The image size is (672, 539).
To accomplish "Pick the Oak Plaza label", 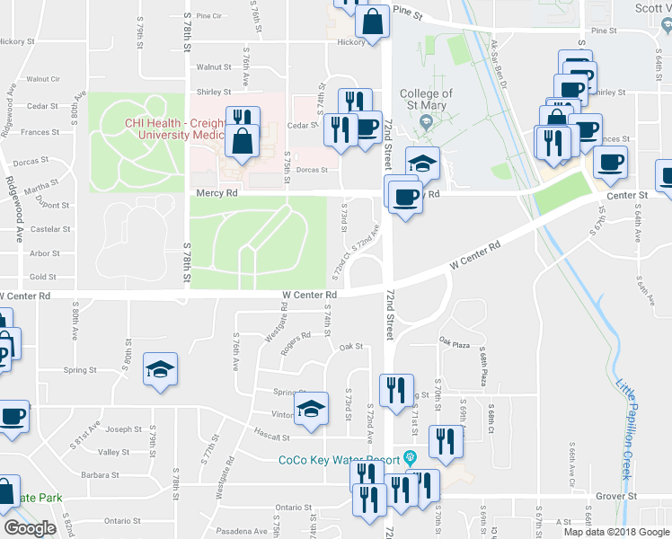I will coord(455,341).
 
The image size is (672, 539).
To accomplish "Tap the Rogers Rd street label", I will coord(295,343).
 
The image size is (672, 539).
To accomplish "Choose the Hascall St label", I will coord(273,437).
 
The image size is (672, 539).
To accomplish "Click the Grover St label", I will coord(616,495).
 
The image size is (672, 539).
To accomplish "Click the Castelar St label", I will coord(51,230).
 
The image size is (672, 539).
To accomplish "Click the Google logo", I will coord(30,527).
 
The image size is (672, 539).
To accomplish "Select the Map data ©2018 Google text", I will coord(617,532).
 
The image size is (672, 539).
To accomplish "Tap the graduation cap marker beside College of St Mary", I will coord(422,163).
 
